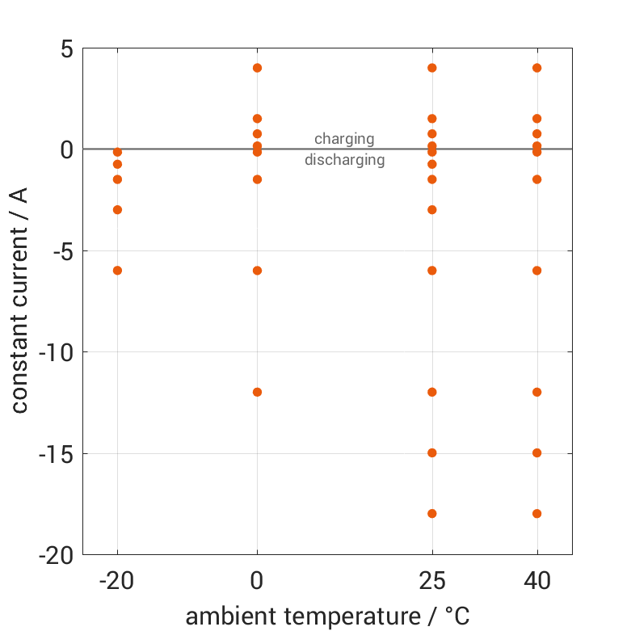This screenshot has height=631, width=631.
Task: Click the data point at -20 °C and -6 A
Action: coord(117,271)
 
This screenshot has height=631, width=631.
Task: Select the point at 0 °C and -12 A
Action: coord(257,392)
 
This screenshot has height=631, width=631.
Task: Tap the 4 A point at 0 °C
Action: coord(257,68)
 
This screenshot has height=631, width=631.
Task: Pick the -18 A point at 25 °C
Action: coord(432,514)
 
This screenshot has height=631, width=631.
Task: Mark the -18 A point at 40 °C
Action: coord(536,514)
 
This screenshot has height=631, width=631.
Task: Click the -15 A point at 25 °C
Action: coord(432,453)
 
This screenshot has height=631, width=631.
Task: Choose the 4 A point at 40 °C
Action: coord(536,68)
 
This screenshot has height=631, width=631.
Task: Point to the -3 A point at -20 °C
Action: coord(117,210)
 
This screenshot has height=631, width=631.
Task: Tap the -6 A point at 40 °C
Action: coord(536,271)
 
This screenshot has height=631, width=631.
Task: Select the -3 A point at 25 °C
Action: coord(432,210)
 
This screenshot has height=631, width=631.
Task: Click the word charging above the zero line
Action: coord(344,139)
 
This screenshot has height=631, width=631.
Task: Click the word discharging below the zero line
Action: coord(344,160)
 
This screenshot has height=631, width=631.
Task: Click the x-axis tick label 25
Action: coord(432,581)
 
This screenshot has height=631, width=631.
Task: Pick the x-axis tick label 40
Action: coord(536,581)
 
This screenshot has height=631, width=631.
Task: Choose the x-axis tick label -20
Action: coord(117,581)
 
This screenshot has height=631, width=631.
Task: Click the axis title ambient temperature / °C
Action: coord(327,616)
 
